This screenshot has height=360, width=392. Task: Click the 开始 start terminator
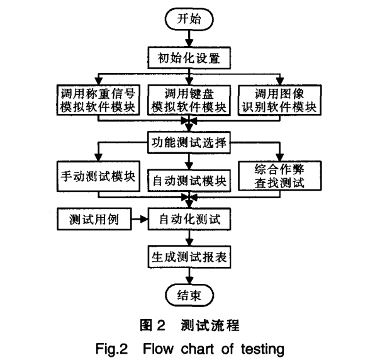[189, 20]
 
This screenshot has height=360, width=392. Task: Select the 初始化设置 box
[189, 58]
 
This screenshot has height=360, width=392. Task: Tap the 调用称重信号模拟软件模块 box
[98, 100]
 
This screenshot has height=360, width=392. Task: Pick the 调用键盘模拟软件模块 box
[189, 100]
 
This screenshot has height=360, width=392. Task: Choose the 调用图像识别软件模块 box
[279, 100]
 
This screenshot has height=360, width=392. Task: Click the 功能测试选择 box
[189, 142]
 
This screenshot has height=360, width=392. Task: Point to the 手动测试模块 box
[98, 176]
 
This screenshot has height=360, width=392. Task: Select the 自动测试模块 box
[189, 181]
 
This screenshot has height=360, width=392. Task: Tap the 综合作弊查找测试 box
[279, 176]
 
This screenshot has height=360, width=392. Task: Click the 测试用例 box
[94, 219]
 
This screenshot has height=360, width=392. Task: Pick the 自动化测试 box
[189, 219]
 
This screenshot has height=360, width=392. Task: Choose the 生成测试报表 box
[189, 257]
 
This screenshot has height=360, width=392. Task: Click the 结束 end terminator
[189, 295]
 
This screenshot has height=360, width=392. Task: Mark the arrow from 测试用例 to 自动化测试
[140, 219]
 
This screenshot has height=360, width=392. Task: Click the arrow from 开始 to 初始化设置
[189, 39]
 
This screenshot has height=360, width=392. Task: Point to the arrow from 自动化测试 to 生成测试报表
[189, 238]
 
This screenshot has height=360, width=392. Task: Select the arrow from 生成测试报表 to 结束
[189, 276]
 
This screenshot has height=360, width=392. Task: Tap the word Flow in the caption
[158, 349]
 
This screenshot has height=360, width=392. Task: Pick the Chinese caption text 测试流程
[210, 325]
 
